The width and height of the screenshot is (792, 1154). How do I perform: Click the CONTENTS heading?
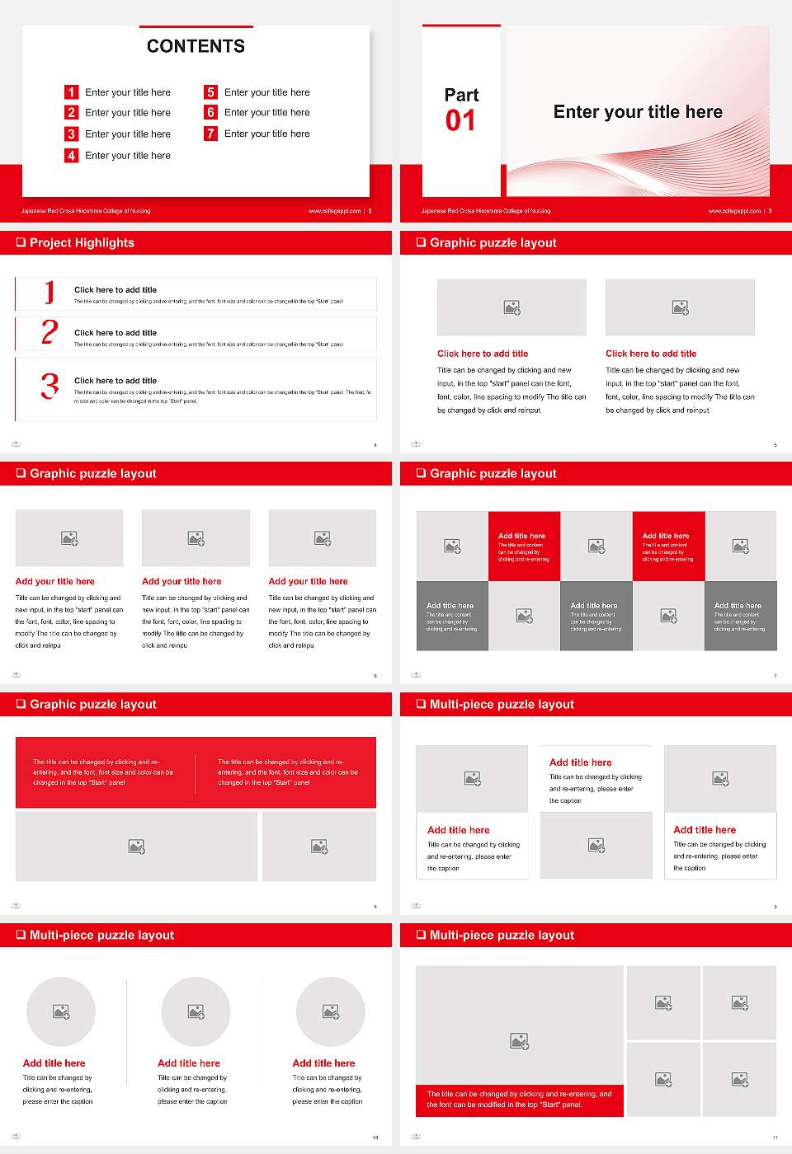tap(196, 46)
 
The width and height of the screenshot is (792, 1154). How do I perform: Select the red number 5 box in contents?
tap(210, 92)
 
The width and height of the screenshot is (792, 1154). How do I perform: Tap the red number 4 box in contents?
tap(72, 155)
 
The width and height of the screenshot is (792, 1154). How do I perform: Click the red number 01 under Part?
tap(460, 121)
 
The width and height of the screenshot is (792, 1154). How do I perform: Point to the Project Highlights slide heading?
tap(82, 242)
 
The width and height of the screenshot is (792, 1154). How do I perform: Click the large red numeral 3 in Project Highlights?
tap(49, 386)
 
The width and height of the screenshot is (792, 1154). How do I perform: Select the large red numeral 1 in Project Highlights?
tap(49, 292)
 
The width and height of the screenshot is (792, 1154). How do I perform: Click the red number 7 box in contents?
tap(210, 134)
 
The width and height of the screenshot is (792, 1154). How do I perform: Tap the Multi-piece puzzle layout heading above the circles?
tap(101, 935)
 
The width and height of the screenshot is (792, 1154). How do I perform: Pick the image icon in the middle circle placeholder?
tap(196, 1011)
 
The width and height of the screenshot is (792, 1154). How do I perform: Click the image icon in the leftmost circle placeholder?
tap(61, 1011)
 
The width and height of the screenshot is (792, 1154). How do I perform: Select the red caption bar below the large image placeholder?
tap(519, 1100)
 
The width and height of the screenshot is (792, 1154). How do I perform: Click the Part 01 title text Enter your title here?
tap(638, 112)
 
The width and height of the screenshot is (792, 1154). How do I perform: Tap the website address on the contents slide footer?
tap(334, 211)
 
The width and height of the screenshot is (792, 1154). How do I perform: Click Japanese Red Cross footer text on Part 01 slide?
tap(486, 211)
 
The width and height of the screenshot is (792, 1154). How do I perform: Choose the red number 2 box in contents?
tap(72, 112)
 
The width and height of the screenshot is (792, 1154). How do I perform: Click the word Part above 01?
tap(461, 95)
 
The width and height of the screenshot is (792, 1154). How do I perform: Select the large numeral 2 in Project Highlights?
tap(49, 332)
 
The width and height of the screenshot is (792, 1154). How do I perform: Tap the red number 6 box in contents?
tap(210, 112)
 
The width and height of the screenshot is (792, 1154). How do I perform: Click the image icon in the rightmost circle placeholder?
tap(331, 1011)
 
